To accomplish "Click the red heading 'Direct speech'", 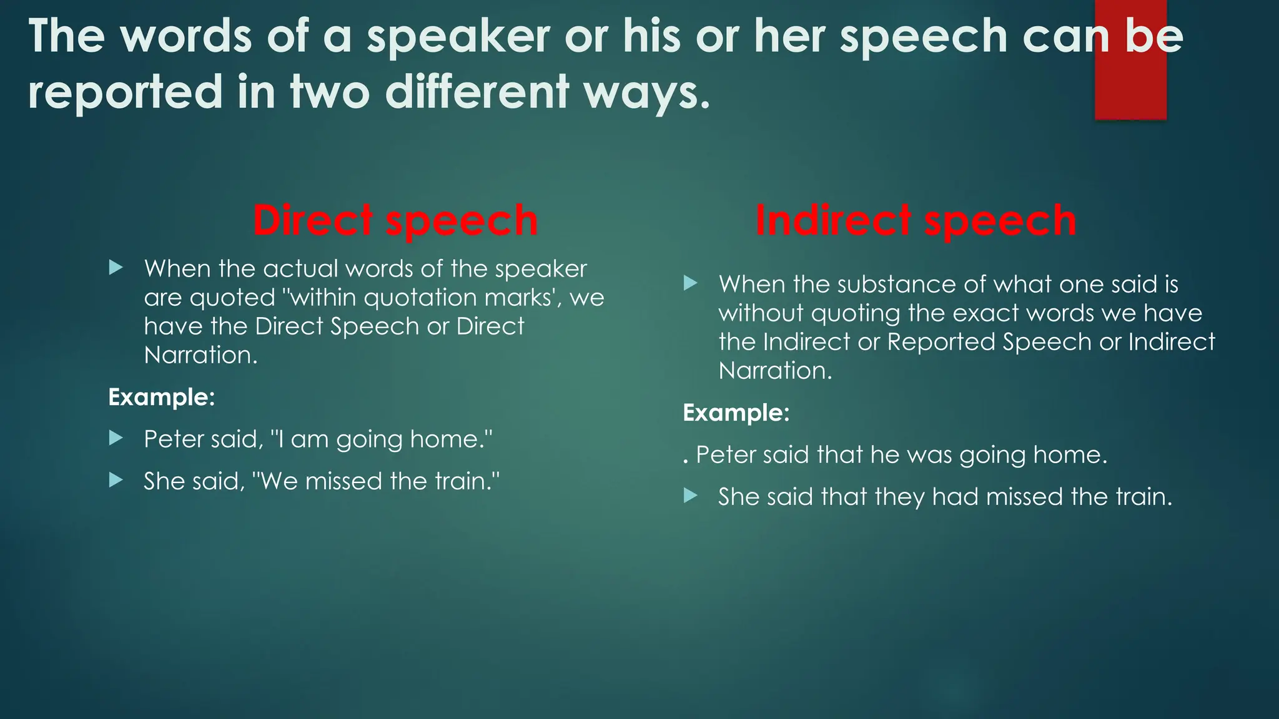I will [395, 221].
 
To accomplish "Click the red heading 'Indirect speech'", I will [916, 221].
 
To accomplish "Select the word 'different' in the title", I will [477, 92].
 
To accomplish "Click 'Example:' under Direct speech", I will [162, 398].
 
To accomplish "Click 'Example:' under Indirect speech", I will [736, 413].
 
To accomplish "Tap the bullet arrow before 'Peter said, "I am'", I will [116, 438].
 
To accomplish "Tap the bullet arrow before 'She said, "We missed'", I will [116, 480].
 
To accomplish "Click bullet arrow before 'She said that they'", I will [690, 496].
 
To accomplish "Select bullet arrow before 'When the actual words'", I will [116, 268].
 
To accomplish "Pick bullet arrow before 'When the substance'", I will [690, 283].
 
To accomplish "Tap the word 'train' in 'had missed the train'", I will [1140, 497].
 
